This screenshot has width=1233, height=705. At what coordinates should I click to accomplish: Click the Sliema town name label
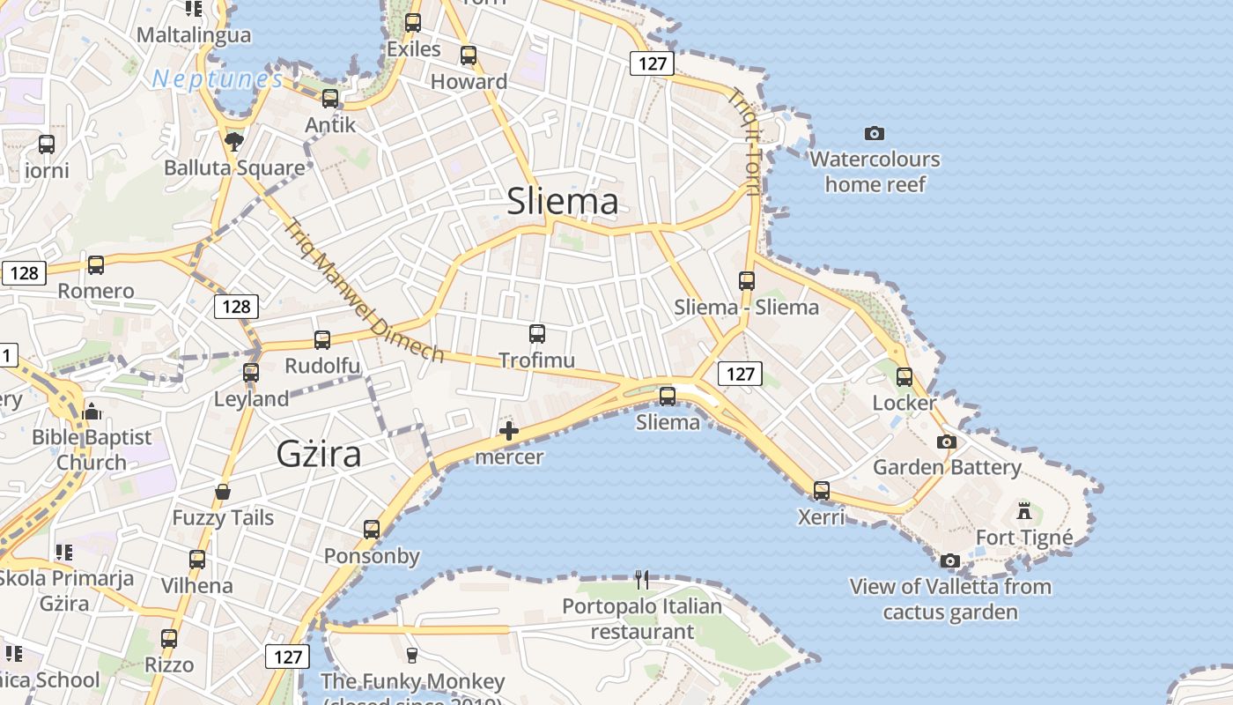[563, 202]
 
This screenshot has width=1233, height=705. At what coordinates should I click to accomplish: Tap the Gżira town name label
[319, 454]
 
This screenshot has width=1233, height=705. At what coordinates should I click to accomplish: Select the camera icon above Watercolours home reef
[874, 133]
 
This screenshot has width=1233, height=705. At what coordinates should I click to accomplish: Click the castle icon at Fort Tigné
[1023, 510]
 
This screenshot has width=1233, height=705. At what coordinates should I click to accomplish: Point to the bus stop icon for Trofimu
[537, 334]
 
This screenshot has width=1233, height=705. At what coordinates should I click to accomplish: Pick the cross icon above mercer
[509, 431]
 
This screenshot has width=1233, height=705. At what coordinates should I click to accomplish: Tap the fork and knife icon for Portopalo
[642, 579]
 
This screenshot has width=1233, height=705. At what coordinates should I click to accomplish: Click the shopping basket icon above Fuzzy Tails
[223, 492]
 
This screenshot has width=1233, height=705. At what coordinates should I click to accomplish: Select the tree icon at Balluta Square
[234, 141]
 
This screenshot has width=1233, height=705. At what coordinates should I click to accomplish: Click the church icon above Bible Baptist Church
[92, 411]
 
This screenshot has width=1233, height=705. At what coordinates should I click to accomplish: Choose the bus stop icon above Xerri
[822, 490]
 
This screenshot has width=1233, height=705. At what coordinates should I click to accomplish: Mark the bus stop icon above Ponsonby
[372, 529]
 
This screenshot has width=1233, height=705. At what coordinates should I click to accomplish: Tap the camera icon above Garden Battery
[947, 442]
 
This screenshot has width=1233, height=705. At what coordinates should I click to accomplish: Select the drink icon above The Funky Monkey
[410, 655]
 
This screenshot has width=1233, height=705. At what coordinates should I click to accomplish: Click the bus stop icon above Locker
[904, 377]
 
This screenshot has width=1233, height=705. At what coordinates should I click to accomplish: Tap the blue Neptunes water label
[218, 79]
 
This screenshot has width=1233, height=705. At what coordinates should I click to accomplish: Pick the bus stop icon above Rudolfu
[322, 339]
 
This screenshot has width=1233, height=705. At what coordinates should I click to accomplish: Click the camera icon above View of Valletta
[949, 560]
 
